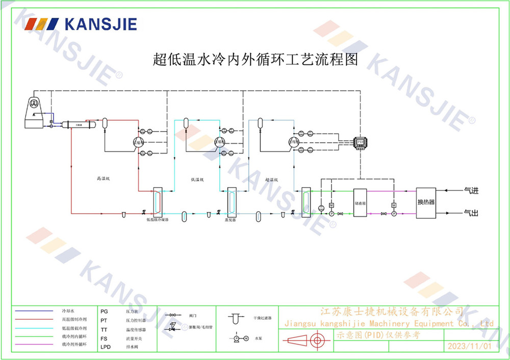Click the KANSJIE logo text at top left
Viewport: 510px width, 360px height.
click(100, 23)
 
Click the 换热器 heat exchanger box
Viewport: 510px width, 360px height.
click(426, 202)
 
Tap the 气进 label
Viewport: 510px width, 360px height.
click(471, 191)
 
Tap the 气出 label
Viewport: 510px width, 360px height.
click(471, 212)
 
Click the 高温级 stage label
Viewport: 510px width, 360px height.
click(104, 179)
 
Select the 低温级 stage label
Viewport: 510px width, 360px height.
click(197, 179)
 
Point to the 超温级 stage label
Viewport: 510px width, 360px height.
click(271, 179)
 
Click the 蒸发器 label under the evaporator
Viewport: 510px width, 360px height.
click(231, 220)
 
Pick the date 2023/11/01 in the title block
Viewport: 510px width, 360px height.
click(469, 346)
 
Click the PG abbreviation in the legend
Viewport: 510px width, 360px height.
click(104, 311)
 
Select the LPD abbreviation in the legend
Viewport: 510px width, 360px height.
click(106, 346)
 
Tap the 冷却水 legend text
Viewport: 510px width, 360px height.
click(68, 311)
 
